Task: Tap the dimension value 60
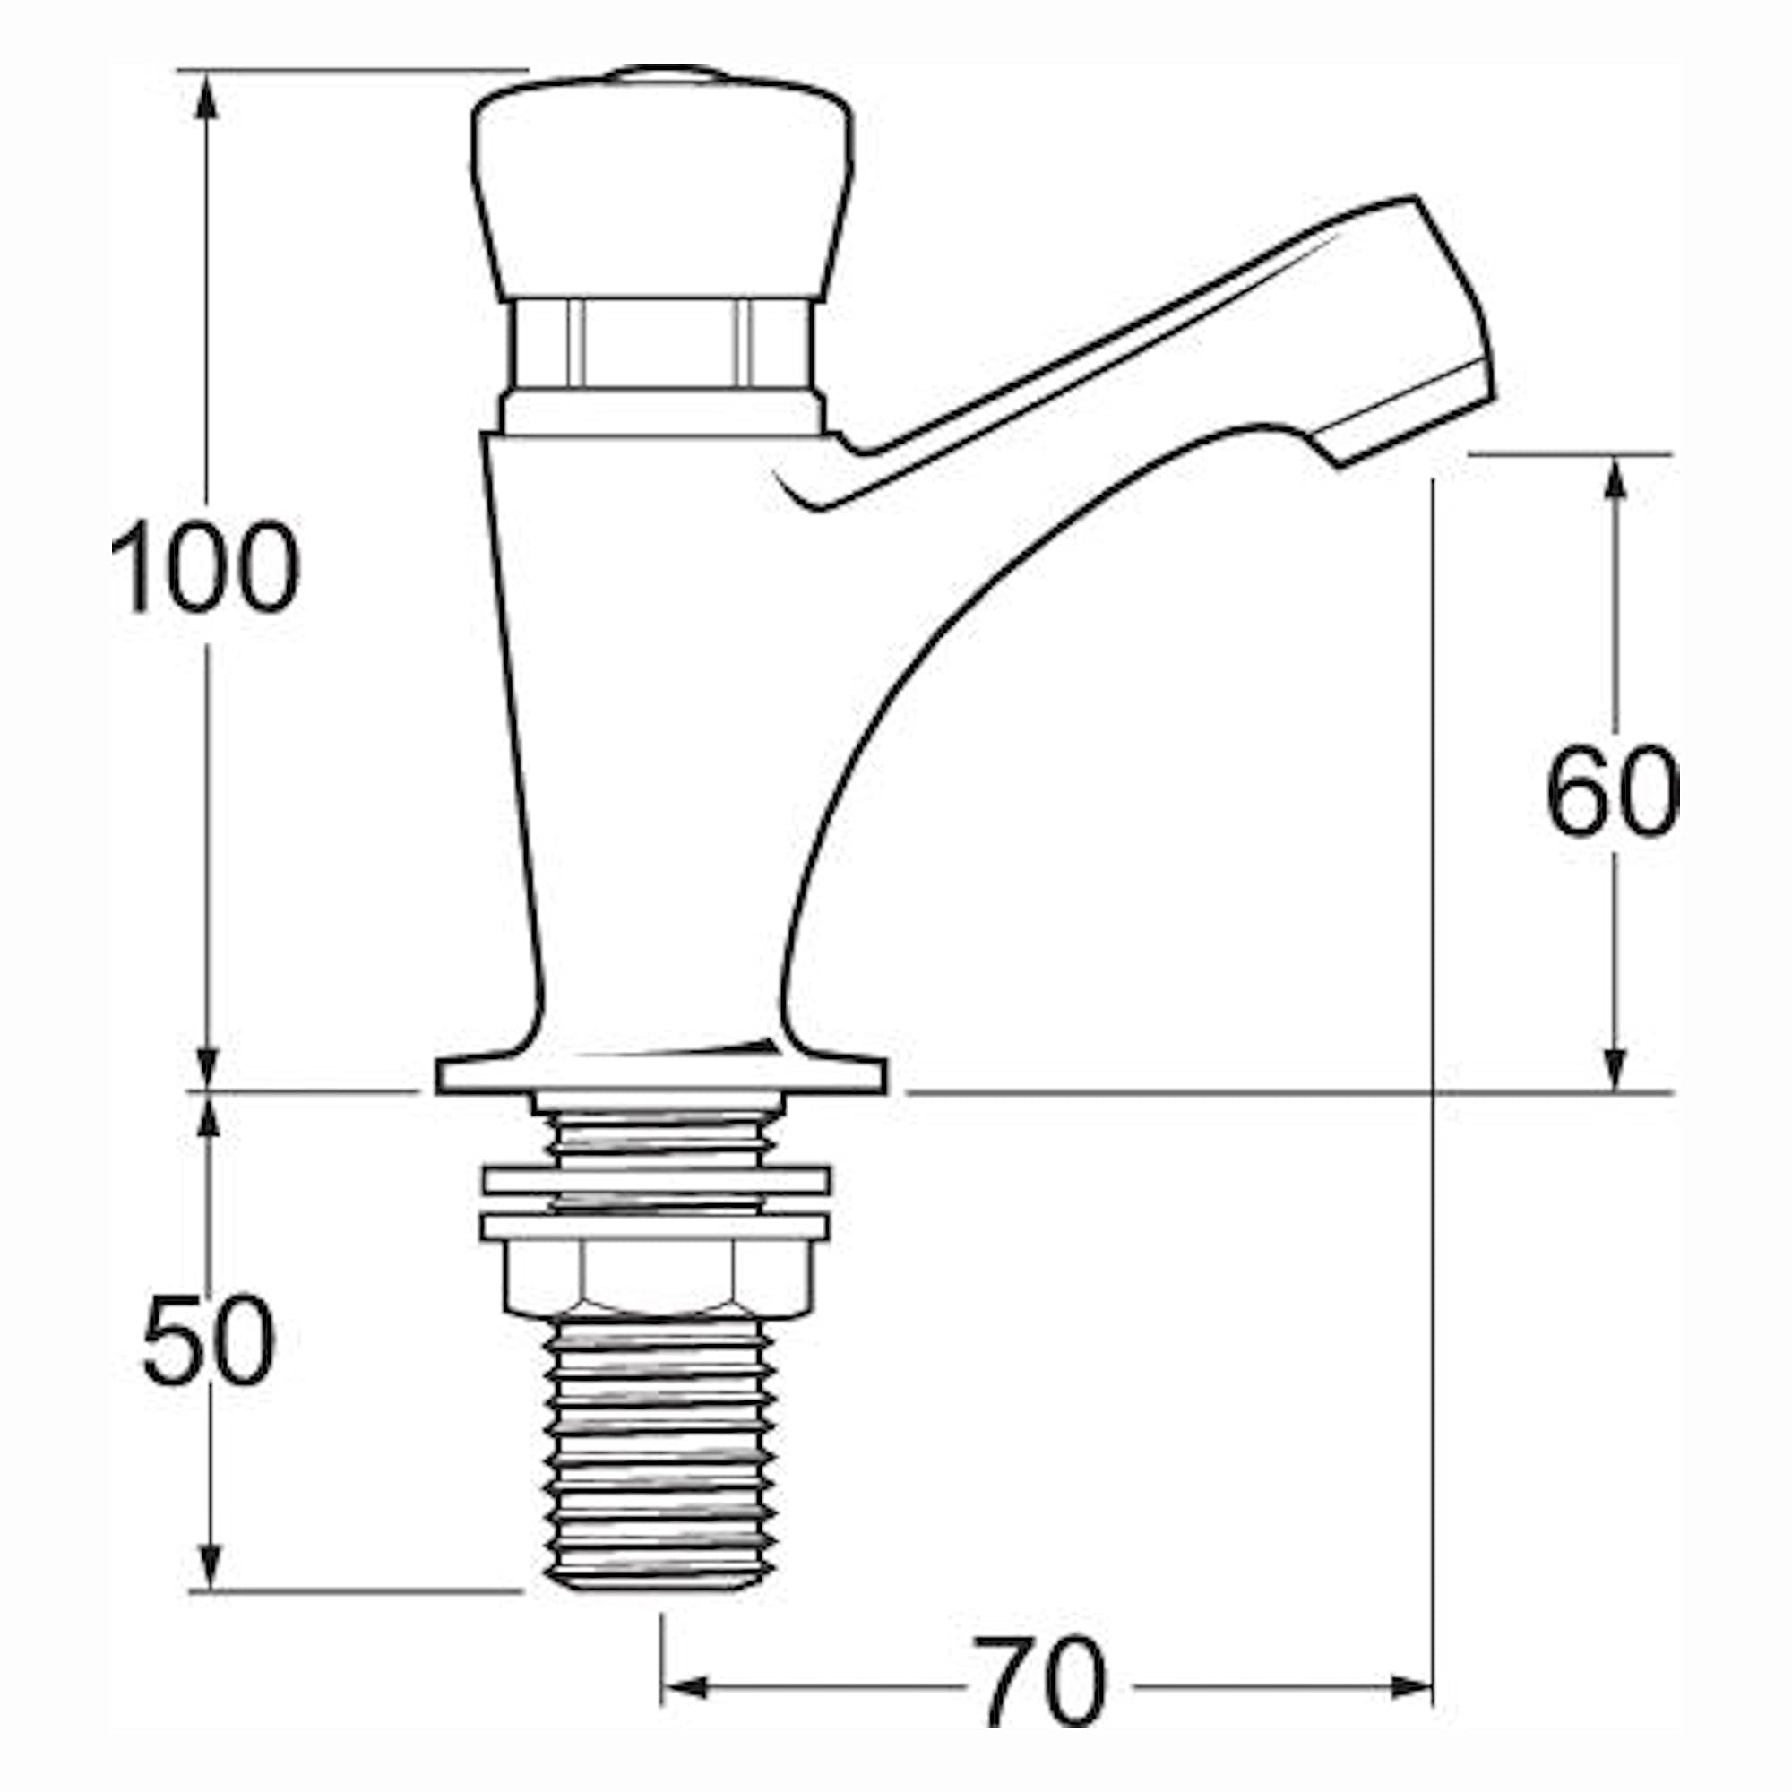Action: [x=1613, y=790]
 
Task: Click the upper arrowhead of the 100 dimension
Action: [x=207, y=94]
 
